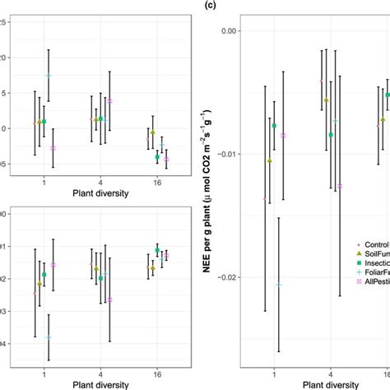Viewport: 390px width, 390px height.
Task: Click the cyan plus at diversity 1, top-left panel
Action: [x=49, y=76]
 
